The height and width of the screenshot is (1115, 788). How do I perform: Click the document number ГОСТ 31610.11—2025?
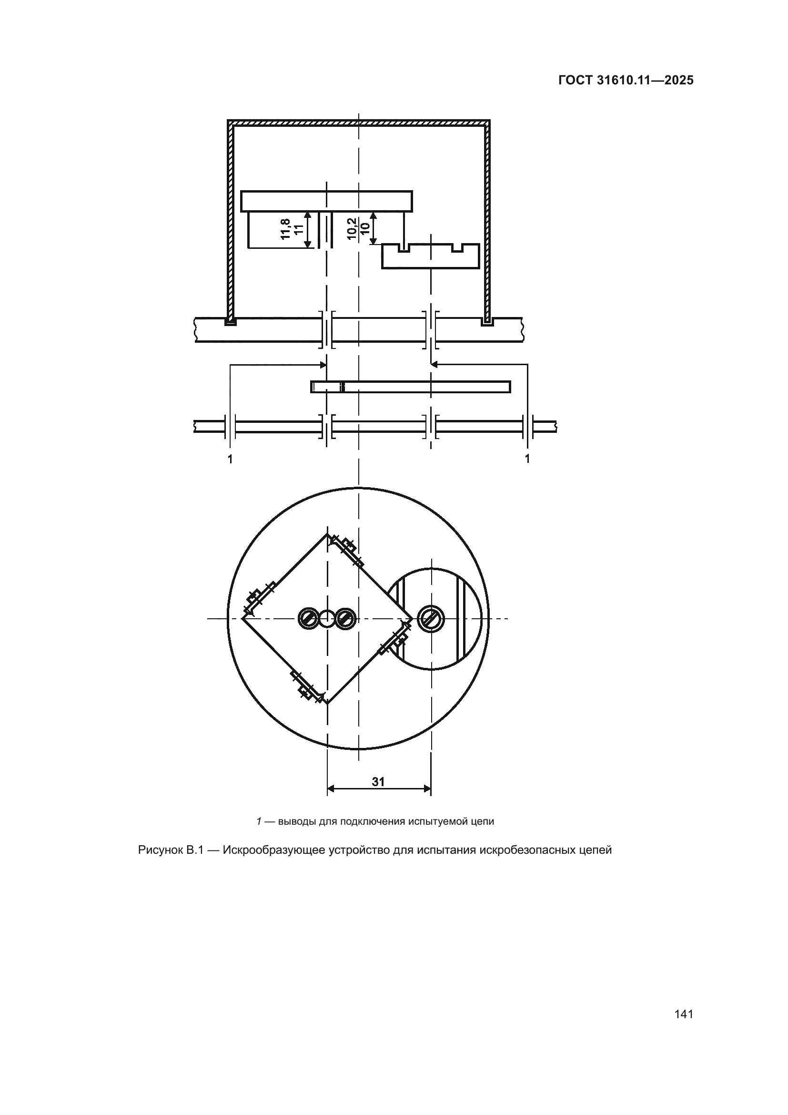[626, 81]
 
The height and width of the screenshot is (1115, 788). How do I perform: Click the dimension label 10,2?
[352, 229]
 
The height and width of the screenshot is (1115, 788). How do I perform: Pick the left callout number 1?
[230, 459]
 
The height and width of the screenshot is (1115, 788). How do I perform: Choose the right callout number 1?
[527, 459]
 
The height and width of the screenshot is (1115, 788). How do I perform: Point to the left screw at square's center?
[309, 618]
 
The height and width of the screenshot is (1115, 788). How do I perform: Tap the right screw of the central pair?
[345, 618]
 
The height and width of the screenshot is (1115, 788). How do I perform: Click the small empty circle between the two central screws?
[327, 618]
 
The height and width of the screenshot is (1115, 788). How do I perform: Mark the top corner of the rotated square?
[327, 534]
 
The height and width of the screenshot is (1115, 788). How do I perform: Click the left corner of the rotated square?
[242, 618]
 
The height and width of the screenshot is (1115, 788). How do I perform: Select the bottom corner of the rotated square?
[327, 703]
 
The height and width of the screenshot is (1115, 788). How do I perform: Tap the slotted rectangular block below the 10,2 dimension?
[431, 256]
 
